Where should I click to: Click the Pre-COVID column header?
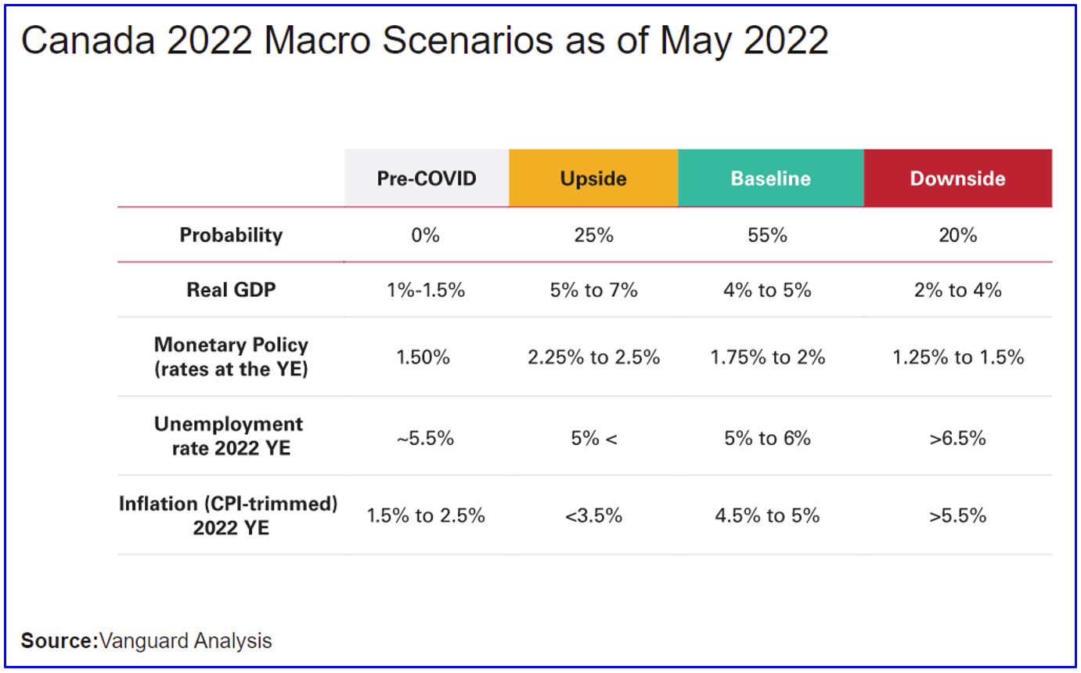pos(427,179)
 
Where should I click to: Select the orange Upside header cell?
pos(593,179)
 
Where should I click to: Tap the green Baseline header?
pos(770,179)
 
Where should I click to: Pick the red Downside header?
pos(957,179)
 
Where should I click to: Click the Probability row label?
pos(231,235)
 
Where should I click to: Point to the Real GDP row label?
pos(231,290)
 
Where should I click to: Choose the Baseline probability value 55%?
pos(767,235)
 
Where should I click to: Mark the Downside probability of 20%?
pos(957,235)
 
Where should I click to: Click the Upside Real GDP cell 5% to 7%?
pos(593,290)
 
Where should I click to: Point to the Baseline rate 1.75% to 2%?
pos(767,357)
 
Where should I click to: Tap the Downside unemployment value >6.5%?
pos(957,438)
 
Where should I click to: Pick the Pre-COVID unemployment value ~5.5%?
pos(426,438)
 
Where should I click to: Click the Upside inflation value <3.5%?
pos(593,516)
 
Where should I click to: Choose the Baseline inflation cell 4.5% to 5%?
pos(767,516)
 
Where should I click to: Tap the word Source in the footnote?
pos(56,641)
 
